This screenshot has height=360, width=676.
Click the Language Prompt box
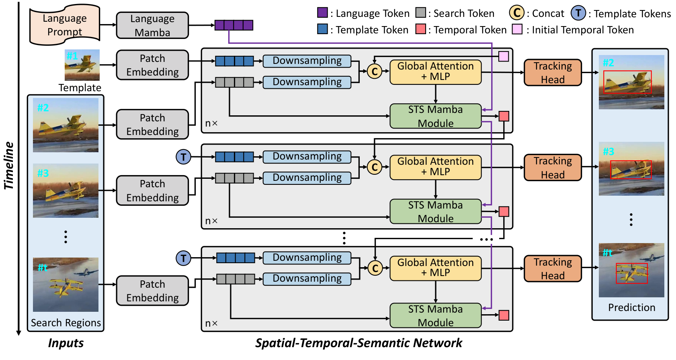tap(65, 25)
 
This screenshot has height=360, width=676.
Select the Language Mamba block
tap(152, 25)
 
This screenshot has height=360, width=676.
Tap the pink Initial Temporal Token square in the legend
tap(517, 29)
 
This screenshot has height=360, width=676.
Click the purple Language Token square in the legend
tap(322, 12)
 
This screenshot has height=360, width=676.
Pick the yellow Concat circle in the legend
tap(516, 13)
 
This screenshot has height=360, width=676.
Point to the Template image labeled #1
tap(82, 65)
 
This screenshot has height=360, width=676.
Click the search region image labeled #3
tap(66, 190)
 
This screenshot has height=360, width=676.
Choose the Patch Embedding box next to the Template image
tap(152, 65)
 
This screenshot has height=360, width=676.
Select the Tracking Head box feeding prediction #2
tap(553, 73)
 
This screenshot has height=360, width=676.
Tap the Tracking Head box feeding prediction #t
tap(553, 268)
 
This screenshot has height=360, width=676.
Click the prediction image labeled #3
tap(631, 169)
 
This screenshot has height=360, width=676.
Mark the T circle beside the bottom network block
tap(183, 258)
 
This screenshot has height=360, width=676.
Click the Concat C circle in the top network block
tap(375, 72)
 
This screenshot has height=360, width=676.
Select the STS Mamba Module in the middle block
tap(435, 212)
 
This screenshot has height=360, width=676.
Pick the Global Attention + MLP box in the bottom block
tap(435, 268)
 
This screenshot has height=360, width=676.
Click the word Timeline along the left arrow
tap(9, 166)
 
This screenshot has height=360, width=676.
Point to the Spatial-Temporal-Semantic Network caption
tap(358, 343)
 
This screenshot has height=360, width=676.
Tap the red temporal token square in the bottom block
tap(504, 315)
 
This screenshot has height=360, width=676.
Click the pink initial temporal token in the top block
tap(504, 56)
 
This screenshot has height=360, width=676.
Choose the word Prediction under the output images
tap(631, 307)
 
